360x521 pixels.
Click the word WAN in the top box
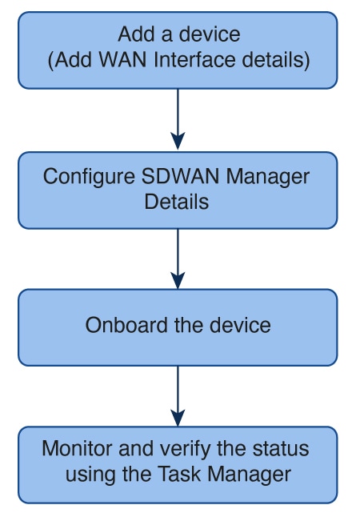tap(123, 60)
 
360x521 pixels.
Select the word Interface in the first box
tap(194, 60)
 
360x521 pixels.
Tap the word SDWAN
tap(180, 176)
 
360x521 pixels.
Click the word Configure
tap(89, 177)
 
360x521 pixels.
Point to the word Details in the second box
tap(177, 202)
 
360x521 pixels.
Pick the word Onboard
tap(126, 325)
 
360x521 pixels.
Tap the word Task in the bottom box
tap(179, 474)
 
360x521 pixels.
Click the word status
tap(281, 448)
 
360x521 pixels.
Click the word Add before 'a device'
tap(137, 34)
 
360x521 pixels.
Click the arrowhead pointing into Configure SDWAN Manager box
tap(178, 141)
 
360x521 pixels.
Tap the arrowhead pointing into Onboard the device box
tap(178, 280)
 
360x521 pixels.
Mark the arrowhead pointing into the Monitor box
tap(178, 417)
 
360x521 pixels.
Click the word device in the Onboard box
tap(240, 325)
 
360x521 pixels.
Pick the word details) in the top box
tap(276, 60)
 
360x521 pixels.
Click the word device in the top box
tap(210, 34)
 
